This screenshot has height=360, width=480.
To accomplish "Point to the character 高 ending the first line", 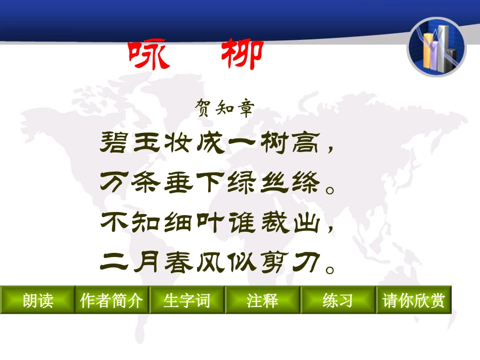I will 306,144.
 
